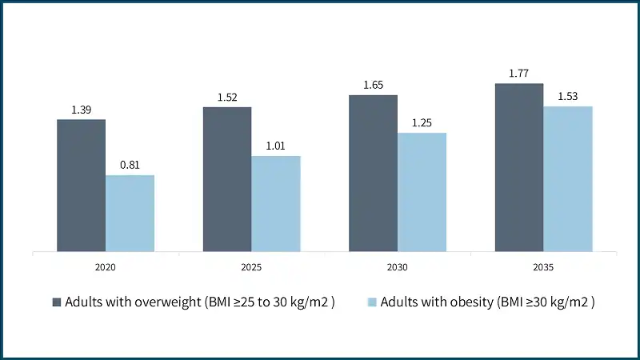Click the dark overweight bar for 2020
(81, 186)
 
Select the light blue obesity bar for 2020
(130, 214)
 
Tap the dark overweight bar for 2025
(227, 179)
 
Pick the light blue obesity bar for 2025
(276, 204)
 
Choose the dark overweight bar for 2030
(373, 173)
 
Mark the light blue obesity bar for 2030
(422, 192)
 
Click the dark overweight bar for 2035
(518, 167)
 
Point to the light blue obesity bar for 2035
(568, 179)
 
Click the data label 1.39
(81, 108)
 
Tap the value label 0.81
(130, 164)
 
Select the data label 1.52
(227, 98)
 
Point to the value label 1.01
(276, 145)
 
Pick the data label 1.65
(373, 85)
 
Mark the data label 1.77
(518, 74)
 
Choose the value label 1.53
(568, 95)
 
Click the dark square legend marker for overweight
(57, 302)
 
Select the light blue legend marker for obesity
(372, 302)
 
